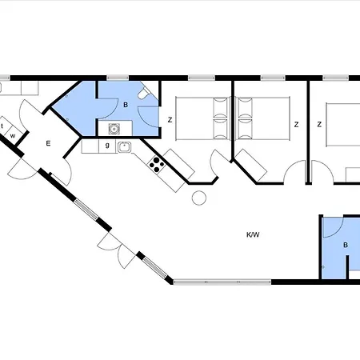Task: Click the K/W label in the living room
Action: (253, 234)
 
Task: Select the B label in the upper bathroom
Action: (125, 104)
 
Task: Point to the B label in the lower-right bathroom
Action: (346, 246)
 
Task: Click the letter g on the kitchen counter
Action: (107, 146)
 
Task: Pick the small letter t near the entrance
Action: (3, 126)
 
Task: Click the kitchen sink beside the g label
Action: (124, 146)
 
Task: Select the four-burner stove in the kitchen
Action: (158, 166)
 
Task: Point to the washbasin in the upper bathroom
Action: (114, 128)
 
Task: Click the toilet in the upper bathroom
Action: (142, 95)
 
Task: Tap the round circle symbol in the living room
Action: (199, 198)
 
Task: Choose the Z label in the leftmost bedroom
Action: (170, 120)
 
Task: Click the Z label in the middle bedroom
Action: (296, 125)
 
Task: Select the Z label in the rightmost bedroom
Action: (319, 125)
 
